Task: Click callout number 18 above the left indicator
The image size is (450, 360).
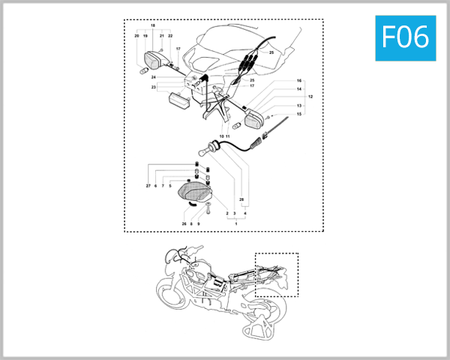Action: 153,26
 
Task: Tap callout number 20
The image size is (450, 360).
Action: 136,36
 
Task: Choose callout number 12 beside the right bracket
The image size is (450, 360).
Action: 310,97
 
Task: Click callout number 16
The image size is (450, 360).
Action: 299,80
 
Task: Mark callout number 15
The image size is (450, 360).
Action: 299,114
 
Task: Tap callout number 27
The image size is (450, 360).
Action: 148,185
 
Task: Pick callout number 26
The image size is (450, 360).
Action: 184,223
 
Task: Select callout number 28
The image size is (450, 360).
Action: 241,199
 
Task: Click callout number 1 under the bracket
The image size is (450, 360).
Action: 236,223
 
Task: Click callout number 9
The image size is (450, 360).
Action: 198,223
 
